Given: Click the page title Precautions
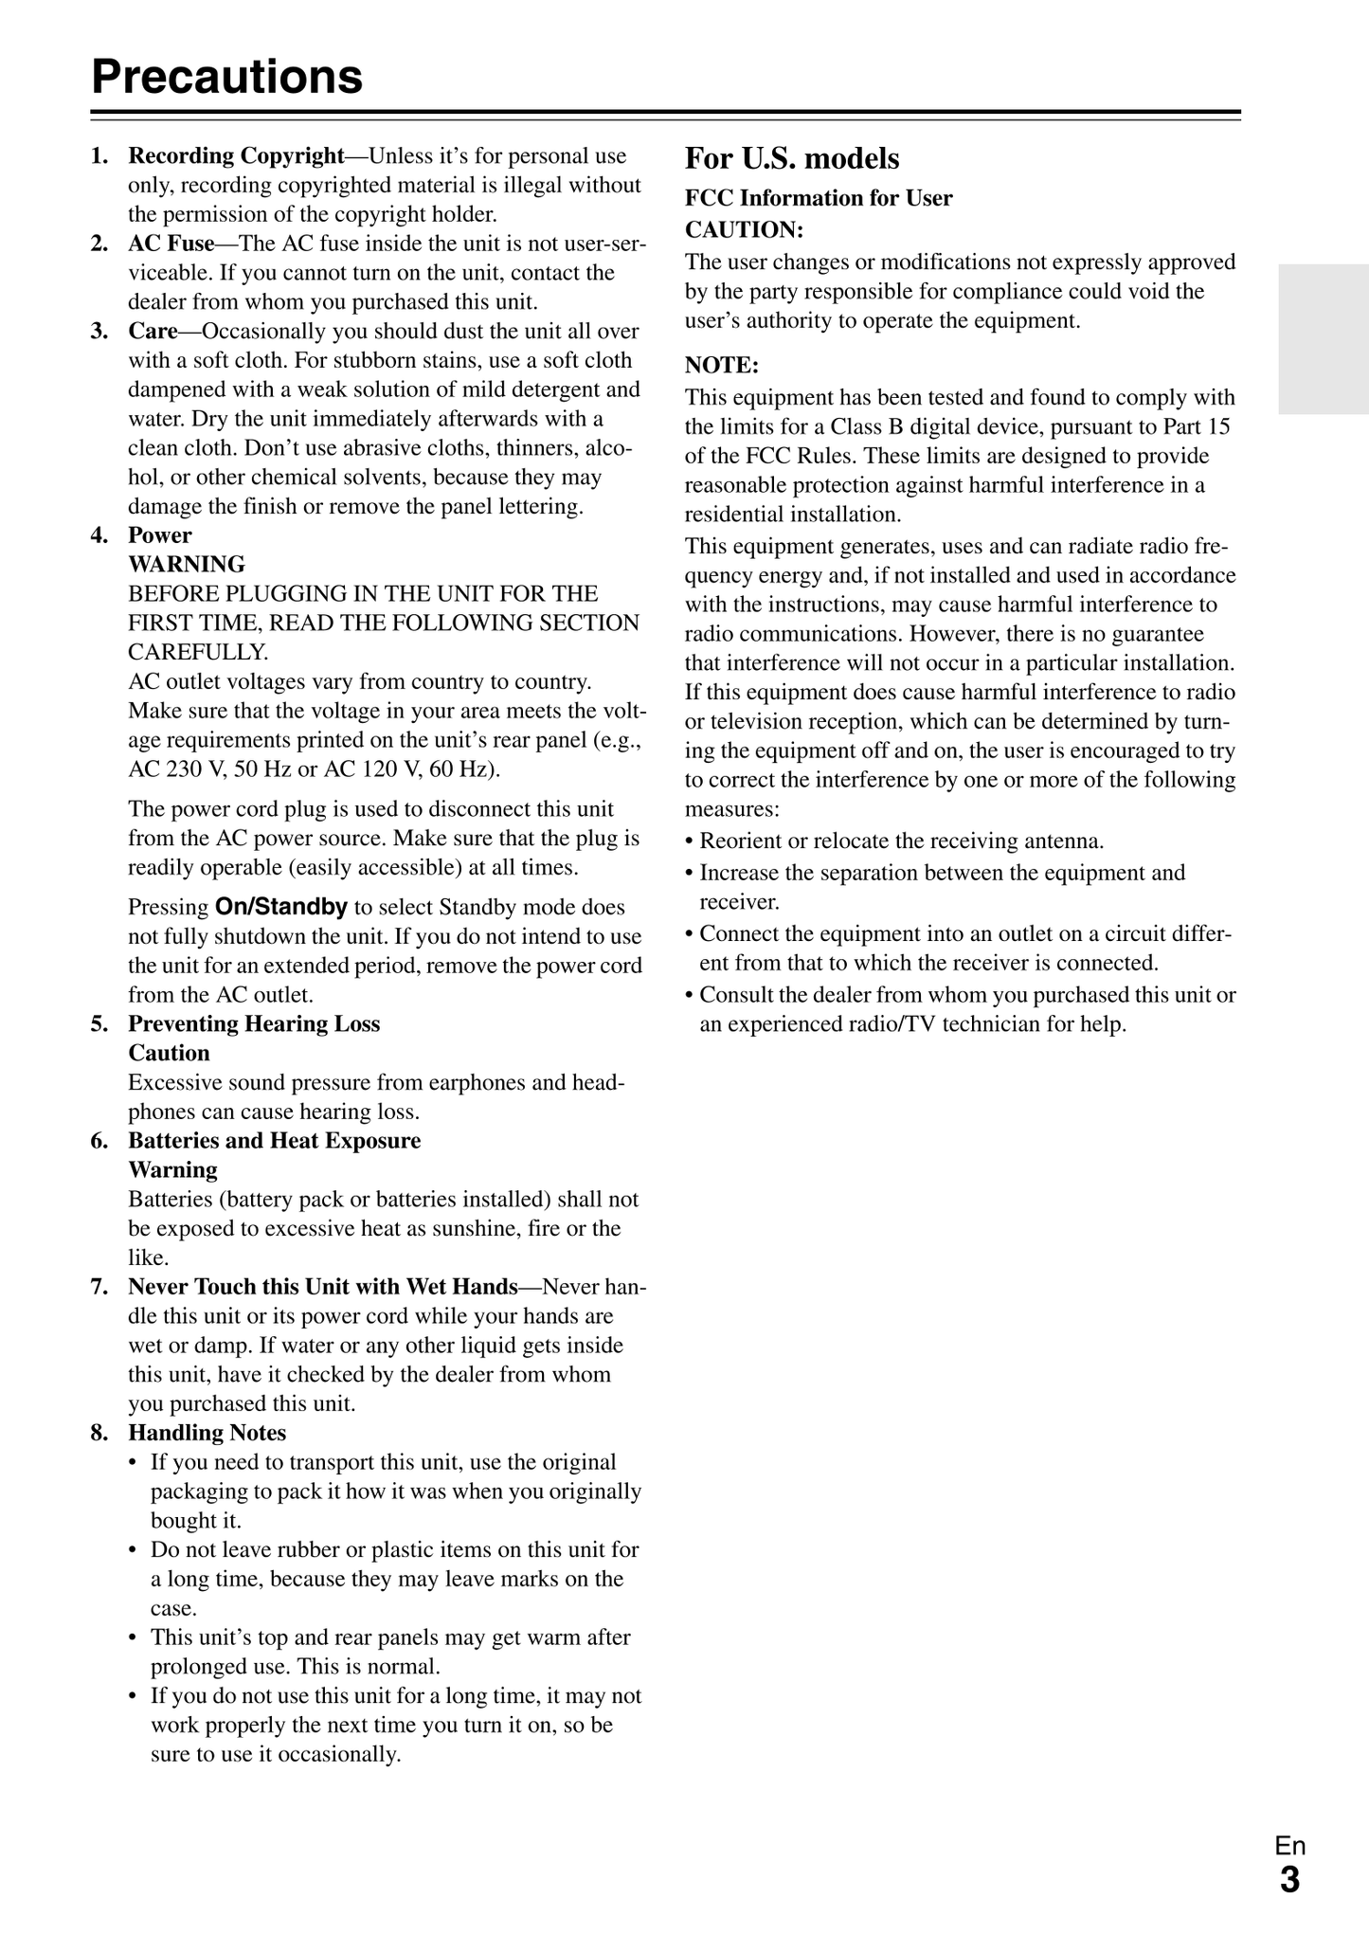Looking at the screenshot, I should (227, 77).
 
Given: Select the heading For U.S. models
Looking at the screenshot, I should (792, 158).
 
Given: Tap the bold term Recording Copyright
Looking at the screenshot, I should (236, 155).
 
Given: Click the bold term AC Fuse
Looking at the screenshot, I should (171, 244).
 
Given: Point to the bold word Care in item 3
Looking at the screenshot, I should (153, 331).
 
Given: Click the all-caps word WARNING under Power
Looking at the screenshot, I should (187, 565).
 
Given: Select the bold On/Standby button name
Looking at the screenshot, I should (281, 907).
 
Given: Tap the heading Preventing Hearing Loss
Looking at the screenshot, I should (254, 1023).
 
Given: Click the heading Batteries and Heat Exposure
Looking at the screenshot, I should (274, 1140).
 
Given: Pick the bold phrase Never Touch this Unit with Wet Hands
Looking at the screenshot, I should (323, 1286).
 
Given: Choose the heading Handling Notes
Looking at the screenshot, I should (207, 1432).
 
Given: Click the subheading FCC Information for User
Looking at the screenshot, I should (819, 198).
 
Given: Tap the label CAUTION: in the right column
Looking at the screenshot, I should (744, 230).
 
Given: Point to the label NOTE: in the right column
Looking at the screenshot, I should (722, 366).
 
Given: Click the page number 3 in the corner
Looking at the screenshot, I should (1289, 1879).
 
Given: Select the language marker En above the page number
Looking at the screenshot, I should (1289, 1846).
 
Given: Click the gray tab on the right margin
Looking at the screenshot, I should (1323, 339).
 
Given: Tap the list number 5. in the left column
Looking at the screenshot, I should (99, 1023).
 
